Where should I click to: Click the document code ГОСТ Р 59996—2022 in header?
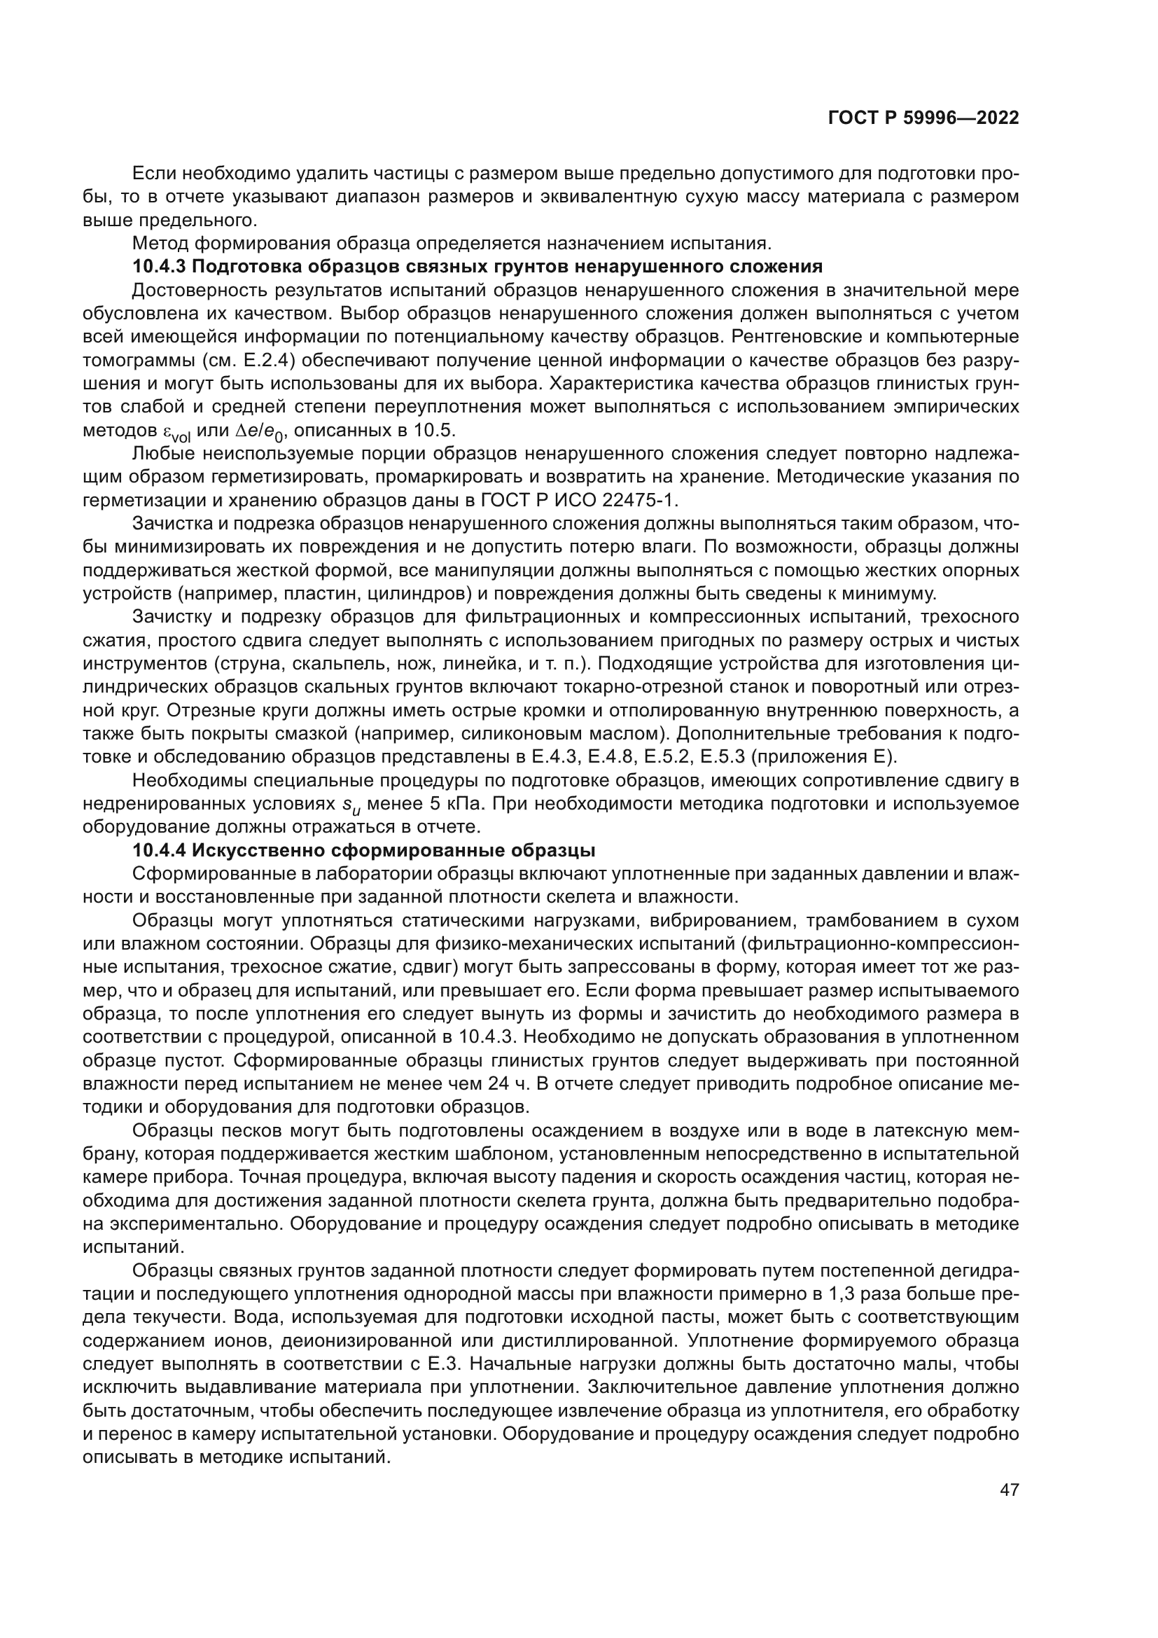[x=923, y=118]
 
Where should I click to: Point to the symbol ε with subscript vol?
[x=172, y=433]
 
